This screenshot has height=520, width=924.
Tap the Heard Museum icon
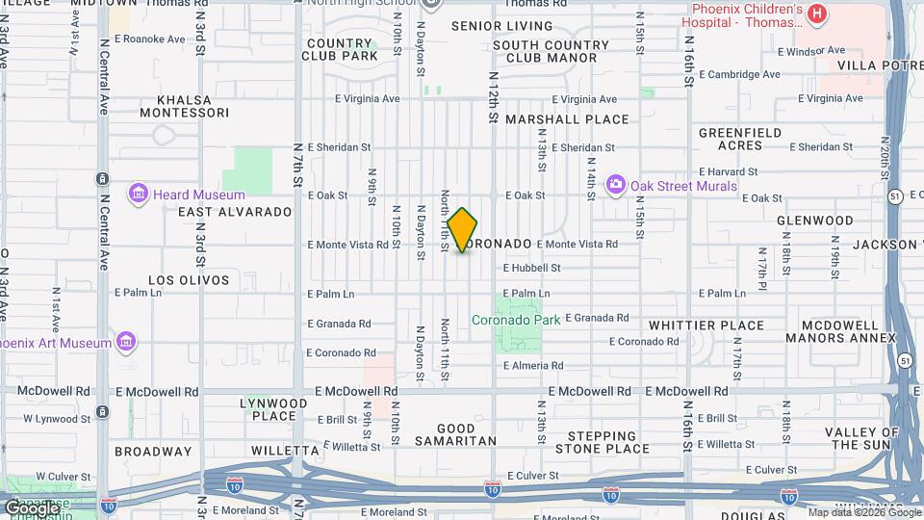[138, 195]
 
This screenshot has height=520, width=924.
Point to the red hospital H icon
[816, 13]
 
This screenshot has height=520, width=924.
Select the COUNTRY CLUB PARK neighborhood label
[342, 50]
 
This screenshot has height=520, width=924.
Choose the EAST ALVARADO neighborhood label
[235, 212]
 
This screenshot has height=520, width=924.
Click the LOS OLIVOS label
[189, 280]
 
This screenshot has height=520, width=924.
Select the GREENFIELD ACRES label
[743, 139]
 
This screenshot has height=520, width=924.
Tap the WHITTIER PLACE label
[706, 326]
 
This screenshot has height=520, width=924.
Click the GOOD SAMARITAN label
[455, 434]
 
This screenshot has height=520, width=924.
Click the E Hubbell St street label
[531, 269]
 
